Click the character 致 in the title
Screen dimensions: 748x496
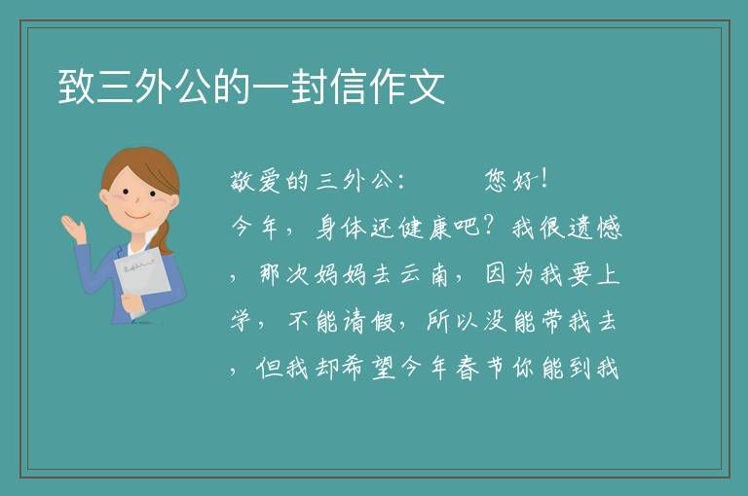[77, 87]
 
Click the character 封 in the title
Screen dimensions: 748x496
[310, 87]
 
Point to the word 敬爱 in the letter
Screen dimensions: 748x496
[256, 182]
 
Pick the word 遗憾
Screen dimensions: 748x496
[594, 228]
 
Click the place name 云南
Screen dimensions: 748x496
[424, 274]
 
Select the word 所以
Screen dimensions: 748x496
[452, 321]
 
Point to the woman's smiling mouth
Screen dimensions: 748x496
[138, 215]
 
